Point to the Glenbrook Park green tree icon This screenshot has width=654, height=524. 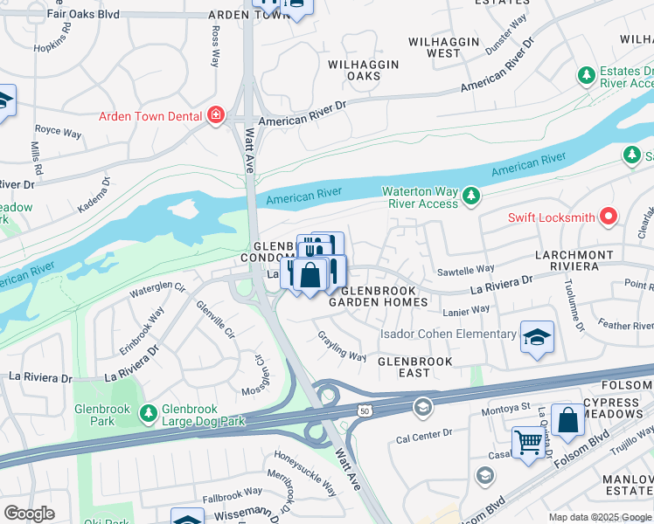click(x=150, y=410)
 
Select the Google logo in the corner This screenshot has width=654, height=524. click(x=29, y=514)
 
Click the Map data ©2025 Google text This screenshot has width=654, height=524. click(x=599, y=517)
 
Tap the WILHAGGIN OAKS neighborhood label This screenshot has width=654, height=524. click(x=363, y=71)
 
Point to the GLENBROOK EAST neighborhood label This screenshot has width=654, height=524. click(x=414, y=367)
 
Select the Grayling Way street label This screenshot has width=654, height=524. click(x=342, y=346)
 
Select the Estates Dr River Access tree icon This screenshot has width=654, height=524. click(x=586, y=77)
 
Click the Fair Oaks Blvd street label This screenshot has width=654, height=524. click(x=84, y=15)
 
